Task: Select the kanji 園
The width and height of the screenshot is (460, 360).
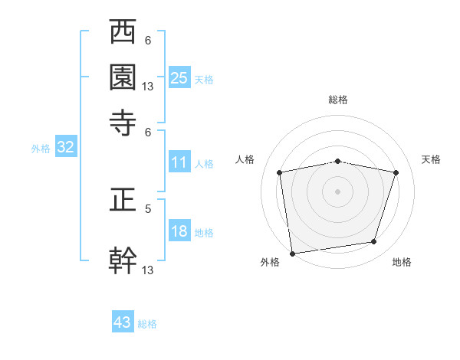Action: coord(123,77)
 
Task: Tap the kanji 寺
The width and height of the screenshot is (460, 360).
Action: coord(123,122)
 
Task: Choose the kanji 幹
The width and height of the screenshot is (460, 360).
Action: coord(123,260)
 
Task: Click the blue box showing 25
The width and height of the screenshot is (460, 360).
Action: coord(179,77)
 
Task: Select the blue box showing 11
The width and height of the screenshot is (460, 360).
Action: coord(179,162)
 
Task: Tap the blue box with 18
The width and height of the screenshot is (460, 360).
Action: coord(179,231)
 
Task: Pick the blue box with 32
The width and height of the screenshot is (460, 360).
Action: coord(65,148)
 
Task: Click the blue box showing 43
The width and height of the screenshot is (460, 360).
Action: coord(123,322)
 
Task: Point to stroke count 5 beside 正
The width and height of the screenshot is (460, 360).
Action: coord(148,208)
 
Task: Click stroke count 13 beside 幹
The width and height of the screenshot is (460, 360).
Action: coord(148,270)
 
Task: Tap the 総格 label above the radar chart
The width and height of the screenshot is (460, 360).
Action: coord(338,100)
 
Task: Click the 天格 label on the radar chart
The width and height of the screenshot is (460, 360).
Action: coord(432,159)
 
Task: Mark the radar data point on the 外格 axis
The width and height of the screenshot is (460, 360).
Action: coord(292,253)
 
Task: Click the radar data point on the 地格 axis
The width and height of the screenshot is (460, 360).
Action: coord(374,242)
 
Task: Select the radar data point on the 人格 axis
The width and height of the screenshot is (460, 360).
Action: coord(280,172)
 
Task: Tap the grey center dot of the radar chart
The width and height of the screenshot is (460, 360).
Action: coord(338,191)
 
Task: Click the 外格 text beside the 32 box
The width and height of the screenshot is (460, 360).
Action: coord(41,149)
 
